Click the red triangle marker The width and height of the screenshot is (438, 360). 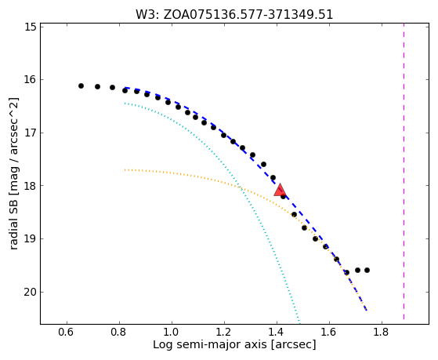point(280,191)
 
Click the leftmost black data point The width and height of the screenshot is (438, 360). point(81,85)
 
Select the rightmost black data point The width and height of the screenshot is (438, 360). point(367,271)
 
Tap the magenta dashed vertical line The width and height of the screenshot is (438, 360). point(404,171)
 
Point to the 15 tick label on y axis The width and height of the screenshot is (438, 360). point(31,27)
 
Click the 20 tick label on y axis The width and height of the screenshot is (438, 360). point(31,293)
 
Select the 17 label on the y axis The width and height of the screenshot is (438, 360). point(31,133)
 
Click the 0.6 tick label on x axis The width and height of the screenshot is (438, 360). point(66,333)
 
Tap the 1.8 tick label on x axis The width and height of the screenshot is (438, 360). point(382,333)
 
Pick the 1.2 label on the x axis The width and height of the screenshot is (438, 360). point(224,333)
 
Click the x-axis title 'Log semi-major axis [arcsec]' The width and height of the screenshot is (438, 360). point(234,344)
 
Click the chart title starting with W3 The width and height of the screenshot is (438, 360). point(234,15)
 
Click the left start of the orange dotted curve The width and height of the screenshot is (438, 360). point(125,169)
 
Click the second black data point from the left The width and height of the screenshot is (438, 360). point(97,87)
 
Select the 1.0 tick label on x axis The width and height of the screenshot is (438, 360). point(172,333)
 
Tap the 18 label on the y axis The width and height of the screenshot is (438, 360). point(31,186)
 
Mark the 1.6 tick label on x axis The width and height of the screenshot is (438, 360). point(329,333)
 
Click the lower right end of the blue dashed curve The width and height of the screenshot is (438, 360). point(367,311)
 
